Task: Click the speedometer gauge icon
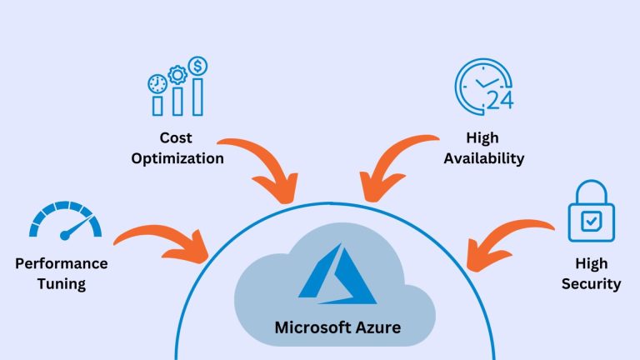[65, 220]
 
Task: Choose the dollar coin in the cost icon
[198, 65]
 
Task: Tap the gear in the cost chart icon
[176, 75]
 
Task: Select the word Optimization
[177, 157]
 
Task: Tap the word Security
[590, 284]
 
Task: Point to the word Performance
[61, 263]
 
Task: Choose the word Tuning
[61, 284]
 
